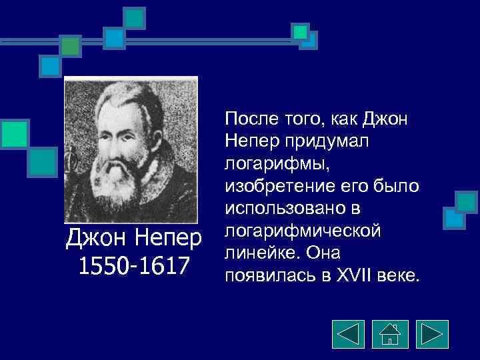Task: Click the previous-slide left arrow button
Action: coord(347,333)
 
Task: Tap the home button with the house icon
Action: coord(389,333)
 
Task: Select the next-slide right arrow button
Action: coord(432,333)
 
